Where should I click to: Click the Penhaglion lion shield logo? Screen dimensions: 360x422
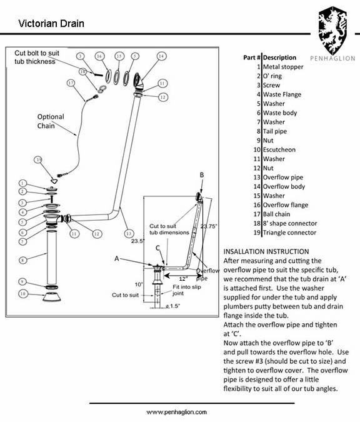[x=332, y=31]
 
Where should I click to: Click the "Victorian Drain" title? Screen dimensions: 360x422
[x=51, y=23]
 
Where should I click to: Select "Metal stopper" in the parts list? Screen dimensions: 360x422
[x=282, y=67]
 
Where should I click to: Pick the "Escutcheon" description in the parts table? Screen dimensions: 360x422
[x=279, y=149]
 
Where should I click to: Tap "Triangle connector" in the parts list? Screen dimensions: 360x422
[x=289, y=233]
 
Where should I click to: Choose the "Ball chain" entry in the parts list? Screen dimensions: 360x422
[x=276, y=214]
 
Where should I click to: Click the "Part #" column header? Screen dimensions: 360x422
[x=252, y=58]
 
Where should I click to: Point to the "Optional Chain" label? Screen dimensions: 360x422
[x=51, y=121]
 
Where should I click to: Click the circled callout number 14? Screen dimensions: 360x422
[x=161, y=56]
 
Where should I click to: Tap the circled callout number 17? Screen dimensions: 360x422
[x=71, y=83]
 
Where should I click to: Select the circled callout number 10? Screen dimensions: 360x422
[x=22, y=293]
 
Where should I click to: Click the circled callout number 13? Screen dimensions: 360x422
[x=129, y=233]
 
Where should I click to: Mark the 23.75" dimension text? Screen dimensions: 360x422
[x=209, y=226]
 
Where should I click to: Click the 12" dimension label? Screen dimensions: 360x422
[x=183, y=279]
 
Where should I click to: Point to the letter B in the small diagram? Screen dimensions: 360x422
[x=202, y=175]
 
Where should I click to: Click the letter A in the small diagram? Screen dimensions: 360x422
[x=116, y=259]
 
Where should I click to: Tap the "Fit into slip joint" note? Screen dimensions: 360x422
[x=187, y=290]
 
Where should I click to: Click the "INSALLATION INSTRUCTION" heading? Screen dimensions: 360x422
[x=266, y=252]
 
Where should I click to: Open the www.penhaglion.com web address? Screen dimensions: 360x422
[x=176, y=412]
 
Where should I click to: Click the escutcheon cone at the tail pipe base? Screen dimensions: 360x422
[x=52, y=297]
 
